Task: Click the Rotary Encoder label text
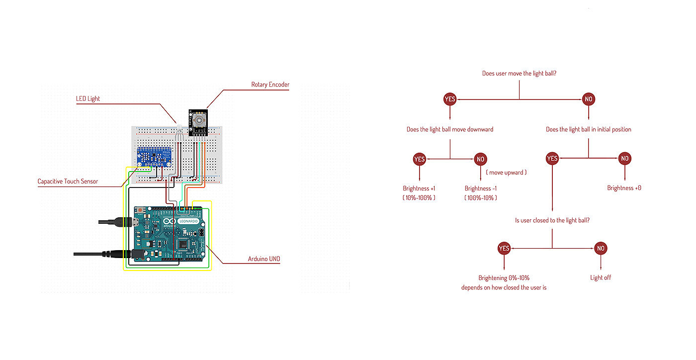(270, 85)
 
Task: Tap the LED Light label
(88, 99)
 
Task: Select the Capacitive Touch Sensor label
(68, 181)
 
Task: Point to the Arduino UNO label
(264, 259)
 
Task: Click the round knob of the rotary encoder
(198, 120)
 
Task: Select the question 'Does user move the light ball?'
(519, 74)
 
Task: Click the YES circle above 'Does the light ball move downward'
(450, 99)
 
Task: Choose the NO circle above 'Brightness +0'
(625, 159)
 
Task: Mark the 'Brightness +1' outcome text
(419, 188)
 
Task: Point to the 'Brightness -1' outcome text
(481, 188)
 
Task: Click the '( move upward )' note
(506, 173)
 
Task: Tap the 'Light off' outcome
(601, 277)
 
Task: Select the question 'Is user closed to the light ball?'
(552, 220)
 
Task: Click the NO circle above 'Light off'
(601, 248)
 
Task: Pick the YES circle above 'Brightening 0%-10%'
(504, 248)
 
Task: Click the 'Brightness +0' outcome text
(624, 188)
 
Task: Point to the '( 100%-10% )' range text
(481, 198)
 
